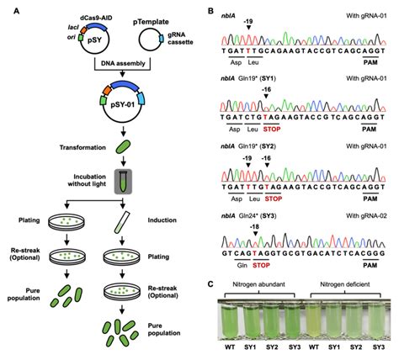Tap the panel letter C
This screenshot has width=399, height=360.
[210, 281]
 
